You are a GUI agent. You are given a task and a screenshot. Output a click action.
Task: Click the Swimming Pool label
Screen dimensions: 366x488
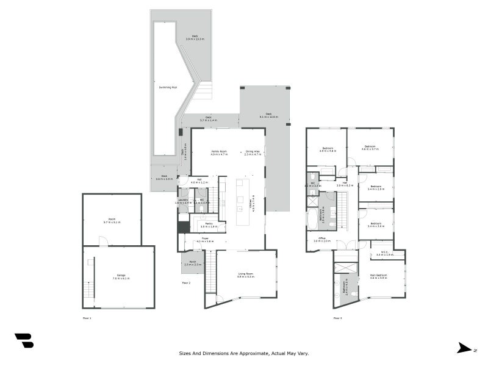pyautogui.click(x=168, y=87)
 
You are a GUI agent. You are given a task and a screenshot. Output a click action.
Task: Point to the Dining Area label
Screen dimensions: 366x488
pyautogui.click(x=253, y=151)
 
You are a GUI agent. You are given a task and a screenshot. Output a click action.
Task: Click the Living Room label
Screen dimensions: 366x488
pyautogui.click(x=246, y=274)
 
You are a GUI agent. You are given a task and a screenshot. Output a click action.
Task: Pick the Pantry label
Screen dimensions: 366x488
pyautogui.click(x=209, y=223)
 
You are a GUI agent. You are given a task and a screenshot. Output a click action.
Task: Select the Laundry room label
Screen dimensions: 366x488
pyautogui.click(x=183, y=199)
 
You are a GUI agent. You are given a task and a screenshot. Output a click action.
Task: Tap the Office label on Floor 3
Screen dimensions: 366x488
pyautogui.click(x=322, y=238)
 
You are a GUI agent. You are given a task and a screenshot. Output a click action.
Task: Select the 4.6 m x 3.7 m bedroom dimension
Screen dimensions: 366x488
pyautogui.click(x=370, y=148)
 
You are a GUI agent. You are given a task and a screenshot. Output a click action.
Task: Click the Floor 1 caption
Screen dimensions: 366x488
pyautogui.click(x=87, y=318)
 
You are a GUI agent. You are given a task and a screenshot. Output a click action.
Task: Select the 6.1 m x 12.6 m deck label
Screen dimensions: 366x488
pyautogui.click(x=268, y=117)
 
